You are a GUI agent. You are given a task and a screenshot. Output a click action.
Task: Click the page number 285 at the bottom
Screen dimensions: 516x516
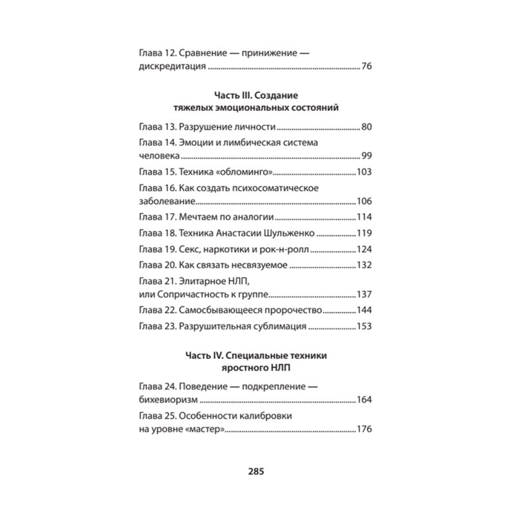(257, 470)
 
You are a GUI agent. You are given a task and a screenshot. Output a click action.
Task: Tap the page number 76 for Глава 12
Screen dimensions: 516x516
(368, 66)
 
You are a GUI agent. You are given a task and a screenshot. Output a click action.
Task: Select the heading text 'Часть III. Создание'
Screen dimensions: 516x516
(257, 95)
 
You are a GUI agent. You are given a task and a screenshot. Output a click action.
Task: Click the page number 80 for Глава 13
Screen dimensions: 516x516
(368, 126)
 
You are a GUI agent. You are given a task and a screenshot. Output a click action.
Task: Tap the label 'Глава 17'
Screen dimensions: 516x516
(157, 217)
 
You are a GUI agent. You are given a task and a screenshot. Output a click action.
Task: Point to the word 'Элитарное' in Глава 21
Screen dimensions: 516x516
(203, 281)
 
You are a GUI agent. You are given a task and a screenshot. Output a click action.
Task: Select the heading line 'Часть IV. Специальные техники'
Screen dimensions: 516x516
(257, 356)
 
